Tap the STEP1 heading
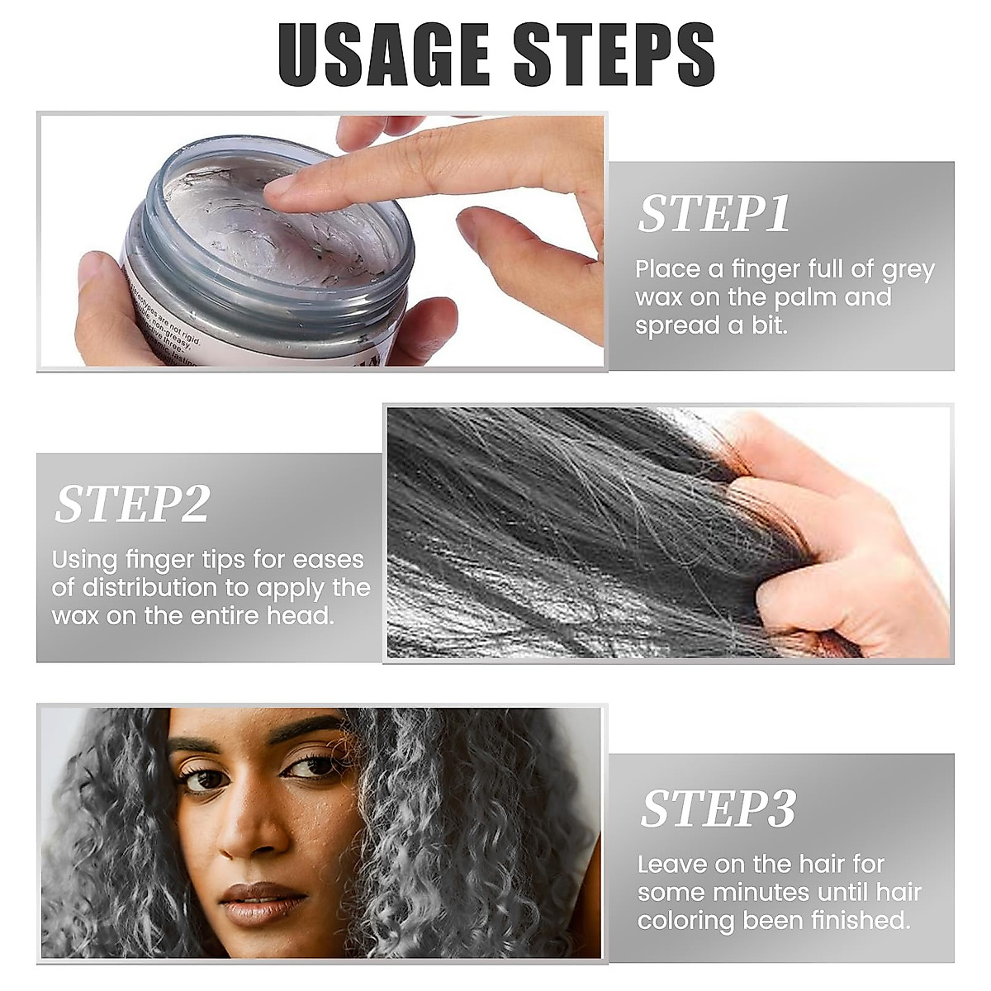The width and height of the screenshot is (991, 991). coord(714,214)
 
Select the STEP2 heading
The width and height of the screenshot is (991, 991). coord(132,504)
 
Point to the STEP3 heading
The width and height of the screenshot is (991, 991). coord(718,808)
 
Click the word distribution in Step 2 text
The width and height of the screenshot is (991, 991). coord(151,588)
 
